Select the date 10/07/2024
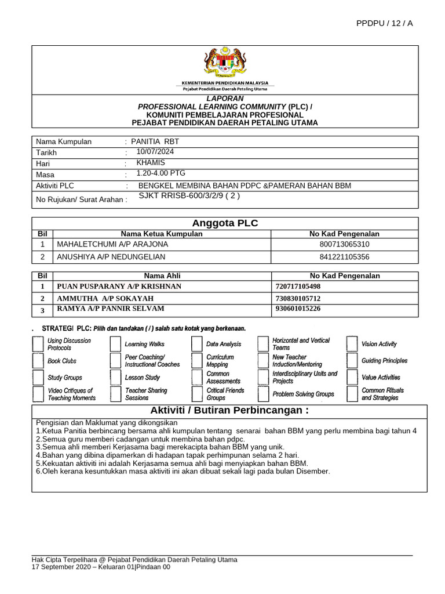click(155, 151)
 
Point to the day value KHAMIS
click(150, 162)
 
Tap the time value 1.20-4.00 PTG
click(161, 173)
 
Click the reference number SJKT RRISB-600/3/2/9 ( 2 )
click(189, 196)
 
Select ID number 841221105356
click(344, 256)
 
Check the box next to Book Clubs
click(38, 361)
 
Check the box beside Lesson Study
click(115, 378)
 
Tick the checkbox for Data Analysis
click(197, 345)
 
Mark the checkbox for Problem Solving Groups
click(263, 394)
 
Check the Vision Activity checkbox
click(352, 345)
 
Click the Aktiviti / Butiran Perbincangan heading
click(229, 411)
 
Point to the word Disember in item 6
click(312, 472)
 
